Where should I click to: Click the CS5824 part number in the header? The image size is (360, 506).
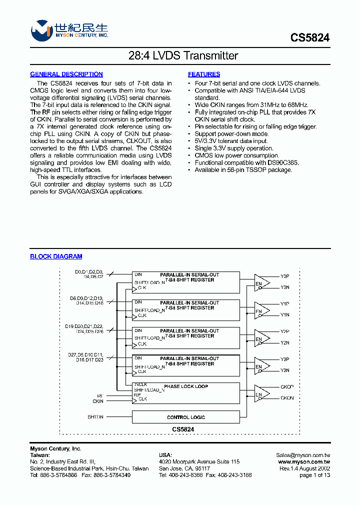coord(310,38)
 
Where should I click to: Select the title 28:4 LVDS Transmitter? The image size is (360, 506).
coord(180,56)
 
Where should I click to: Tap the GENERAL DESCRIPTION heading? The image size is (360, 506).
coord(66,74)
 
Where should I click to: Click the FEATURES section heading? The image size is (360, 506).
coord(204,74)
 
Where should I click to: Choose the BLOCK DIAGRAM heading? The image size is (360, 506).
coord(56,256)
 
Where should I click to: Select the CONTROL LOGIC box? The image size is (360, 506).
coord(185,417)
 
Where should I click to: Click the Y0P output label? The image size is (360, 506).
coord(285,276)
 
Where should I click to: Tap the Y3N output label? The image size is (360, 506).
coord(285,370)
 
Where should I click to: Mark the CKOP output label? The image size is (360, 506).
coord(287,387)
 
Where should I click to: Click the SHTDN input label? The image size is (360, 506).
coord(95,417)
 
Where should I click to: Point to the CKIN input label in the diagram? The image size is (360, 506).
coord(98,401)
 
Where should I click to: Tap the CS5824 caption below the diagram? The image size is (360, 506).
coord(183,429)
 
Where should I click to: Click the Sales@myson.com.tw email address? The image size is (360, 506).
coord(303,455)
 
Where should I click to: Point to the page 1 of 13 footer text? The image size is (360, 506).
coord(314,475)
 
